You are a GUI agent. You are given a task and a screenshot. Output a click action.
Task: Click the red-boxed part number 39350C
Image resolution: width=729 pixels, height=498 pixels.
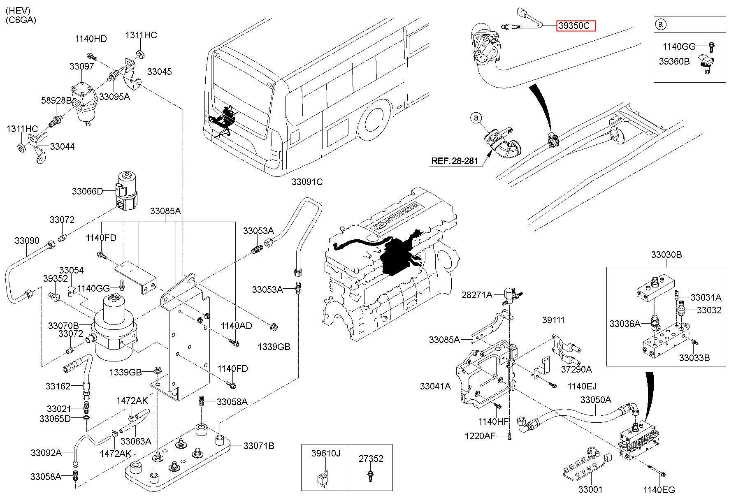coord(576,26)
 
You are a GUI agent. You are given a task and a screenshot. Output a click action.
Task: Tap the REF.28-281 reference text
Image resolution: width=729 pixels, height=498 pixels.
coord(455,161)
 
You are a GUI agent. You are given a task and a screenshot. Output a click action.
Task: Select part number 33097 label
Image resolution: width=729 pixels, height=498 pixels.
coord(81,66)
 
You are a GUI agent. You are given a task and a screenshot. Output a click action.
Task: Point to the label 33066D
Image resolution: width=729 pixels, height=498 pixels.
coord(87,191)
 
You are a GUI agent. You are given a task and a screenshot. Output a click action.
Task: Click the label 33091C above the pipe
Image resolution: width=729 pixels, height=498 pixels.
coord(307,182)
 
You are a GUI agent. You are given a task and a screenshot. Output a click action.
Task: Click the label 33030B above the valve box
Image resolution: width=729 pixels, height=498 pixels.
coord(666,255)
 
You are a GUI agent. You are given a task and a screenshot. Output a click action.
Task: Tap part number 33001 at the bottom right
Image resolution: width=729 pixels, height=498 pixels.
coord(590,489)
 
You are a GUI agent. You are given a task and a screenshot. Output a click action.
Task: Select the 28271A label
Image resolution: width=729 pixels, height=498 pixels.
coord(477,295)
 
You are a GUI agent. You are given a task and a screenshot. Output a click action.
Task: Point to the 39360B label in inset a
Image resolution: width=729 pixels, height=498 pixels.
coord(674,61)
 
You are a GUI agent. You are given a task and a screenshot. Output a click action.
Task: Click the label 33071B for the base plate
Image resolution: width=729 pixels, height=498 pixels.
coord(258,446)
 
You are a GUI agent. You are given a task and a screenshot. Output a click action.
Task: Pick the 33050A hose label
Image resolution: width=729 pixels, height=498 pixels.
coord(596,400)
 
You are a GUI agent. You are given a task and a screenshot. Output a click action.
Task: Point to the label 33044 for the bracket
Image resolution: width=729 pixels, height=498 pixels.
coord(63,146)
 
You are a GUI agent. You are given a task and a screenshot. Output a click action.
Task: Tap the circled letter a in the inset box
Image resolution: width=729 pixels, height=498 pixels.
coord(661,25)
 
